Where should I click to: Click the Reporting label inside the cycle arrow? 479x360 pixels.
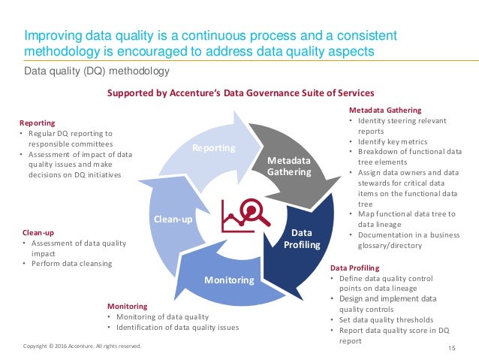213,149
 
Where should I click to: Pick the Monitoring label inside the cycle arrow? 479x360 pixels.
230,280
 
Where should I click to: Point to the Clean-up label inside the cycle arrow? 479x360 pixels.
174,220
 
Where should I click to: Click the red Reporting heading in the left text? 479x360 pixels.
35,122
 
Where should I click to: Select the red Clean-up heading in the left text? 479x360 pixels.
38,233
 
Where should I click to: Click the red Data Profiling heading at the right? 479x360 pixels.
355,268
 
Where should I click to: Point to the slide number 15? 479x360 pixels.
452,346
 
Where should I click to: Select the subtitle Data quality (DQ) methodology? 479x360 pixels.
98,71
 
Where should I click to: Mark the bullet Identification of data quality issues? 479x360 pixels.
176,328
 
